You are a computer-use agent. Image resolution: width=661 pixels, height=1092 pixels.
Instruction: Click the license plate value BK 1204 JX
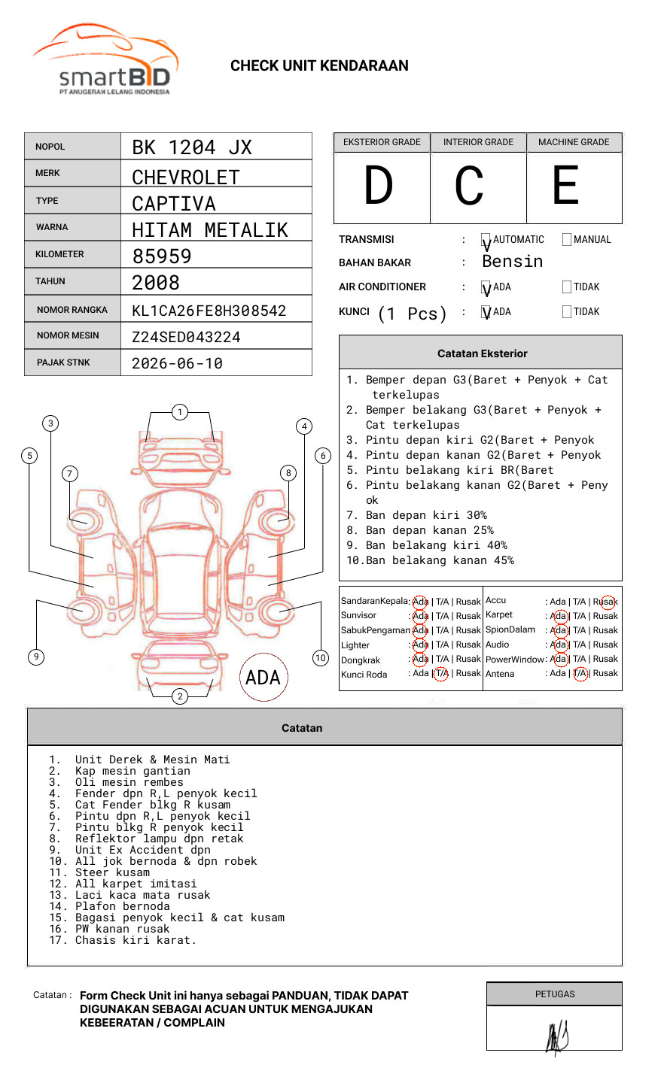192,147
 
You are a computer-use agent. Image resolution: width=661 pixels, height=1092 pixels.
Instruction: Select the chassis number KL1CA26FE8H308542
209,311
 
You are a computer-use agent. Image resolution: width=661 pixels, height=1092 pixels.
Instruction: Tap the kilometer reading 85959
162,256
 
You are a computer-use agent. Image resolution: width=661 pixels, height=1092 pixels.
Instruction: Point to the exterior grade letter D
379,186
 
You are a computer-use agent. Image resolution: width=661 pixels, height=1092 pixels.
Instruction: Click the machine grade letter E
565,186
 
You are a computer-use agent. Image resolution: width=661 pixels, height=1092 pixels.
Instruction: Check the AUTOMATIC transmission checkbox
486,241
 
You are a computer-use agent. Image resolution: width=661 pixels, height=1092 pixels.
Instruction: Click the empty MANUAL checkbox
567,240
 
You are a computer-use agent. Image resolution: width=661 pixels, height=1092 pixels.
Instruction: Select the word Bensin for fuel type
512,262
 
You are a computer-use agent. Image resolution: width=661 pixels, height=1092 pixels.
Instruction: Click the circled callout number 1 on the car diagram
179,412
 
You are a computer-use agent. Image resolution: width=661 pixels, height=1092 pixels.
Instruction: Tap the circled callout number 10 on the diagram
321,658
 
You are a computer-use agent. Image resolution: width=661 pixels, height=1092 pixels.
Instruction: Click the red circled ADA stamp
263,678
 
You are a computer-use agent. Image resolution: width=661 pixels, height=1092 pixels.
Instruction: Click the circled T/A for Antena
580,674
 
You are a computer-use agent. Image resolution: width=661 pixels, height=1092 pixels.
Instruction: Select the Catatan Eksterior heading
482,353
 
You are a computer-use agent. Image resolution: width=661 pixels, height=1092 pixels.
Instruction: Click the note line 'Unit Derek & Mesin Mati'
152,760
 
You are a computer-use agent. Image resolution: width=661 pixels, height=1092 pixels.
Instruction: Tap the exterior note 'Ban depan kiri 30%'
426,515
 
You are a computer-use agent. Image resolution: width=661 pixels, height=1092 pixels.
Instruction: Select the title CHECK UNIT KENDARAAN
319,66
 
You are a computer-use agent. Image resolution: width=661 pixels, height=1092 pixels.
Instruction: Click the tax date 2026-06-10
177,364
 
